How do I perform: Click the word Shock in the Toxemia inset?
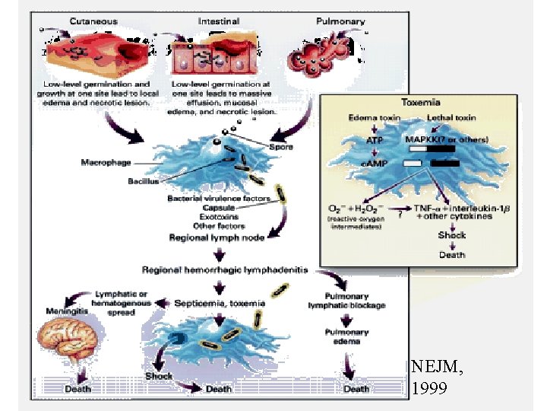(x=452, y=236)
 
